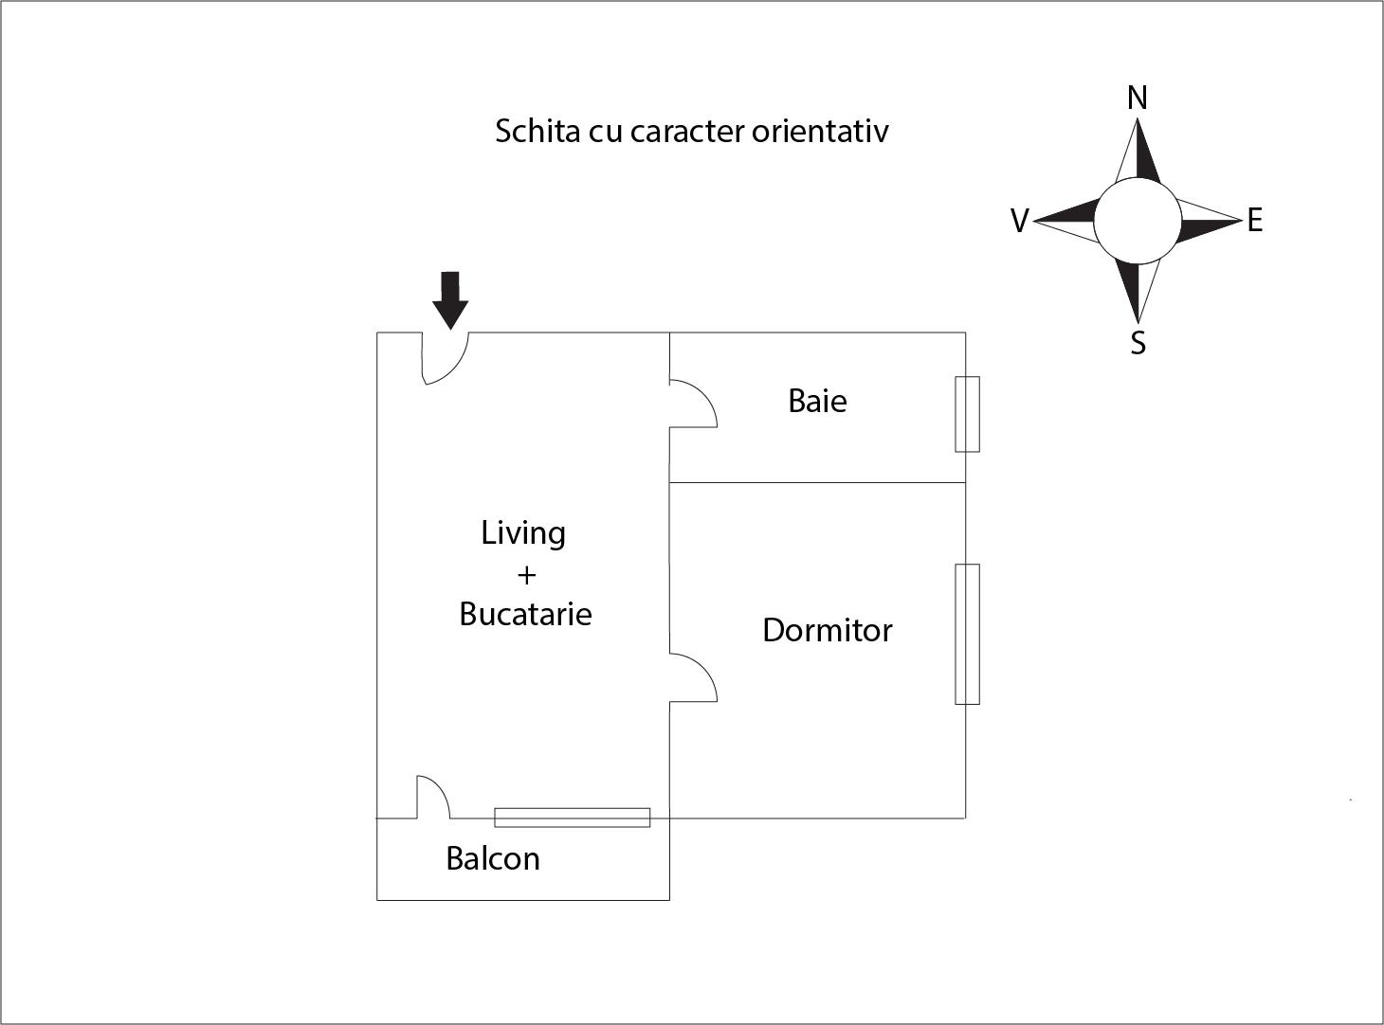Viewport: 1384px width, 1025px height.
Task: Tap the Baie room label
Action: tap(817, 401)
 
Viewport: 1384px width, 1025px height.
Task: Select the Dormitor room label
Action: tap(828, 630)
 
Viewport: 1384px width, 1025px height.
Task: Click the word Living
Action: tap(523, 533)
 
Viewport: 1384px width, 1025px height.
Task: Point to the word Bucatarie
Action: tap(525, 614)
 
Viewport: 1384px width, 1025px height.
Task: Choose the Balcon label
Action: tap(493, 858)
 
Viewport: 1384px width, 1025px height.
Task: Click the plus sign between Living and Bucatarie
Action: tap(526, 575)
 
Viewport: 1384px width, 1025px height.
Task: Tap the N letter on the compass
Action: tap(1138, 98)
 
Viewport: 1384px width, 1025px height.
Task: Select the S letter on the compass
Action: tap(1138, 342)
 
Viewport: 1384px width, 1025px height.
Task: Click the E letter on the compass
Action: tap(1255, 221)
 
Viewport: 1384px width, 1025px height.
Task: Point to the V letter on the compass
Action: tap(1019, 221)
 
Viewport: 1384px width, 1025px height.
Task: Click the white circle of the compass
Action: tap(1138, 221)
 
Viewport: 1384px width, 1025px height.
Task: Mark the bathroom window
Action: tap(967, 414)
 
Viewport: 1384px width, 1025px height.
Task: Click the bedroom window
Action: tap(967, 634)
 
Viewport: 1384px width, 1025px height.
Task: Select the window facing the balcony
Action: tap(573, 818)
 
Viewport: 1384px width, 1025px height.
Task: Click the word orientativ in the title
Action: tap(820, 131)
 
